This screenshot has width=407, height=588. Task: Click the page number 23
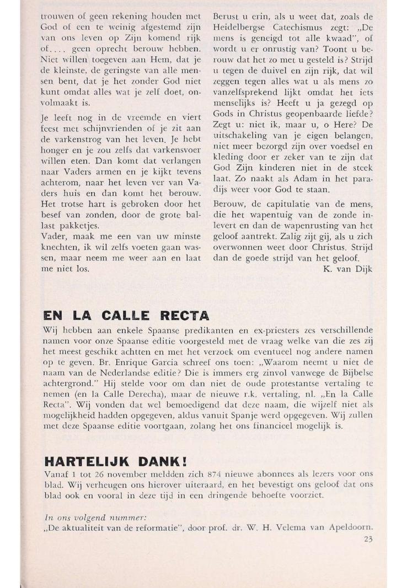coord(368,539)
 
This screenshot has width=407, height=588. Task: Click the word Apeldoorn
coord(351,527)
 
